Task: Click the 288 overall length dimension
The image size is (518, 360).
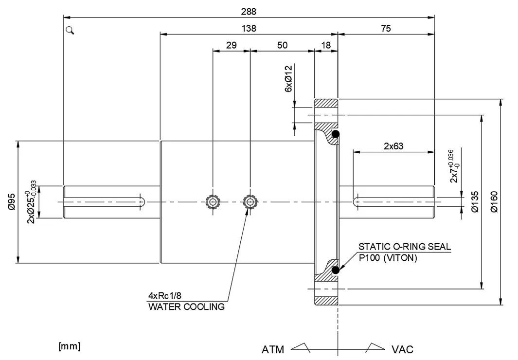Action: [248, 11]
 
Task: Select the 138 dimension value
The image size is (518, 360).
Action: [249, 29]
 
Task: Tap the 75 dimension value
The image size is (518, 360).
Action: [385, 29]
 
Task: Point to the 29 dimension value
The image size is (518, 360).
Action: [231, 45]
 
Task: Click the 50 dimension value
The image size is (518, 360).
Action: [282, 45]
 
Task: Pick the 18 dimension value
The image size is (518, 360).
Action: [326, 45]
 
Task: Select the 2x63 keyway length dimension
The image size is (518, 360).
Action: [393, 145]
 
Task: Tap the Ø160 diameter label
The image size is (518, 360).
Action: [495, 201]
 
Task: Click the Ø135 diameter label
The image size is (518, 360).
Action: [475, 201]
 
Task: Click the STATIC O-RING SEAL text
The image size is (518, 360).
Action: [404, 247]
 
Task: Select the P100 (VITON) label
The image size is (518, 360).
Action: [388, 258]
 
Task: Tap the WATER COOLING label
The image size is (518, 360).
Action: [186, 306]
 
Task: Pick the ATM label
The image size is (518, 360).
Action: [273, 349]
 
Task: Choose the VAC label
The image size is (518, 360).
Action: [402, 349]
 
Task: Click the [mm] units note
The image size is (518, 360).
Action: [69, 346]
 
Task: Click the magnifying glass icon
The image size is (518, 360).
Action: [70, 31]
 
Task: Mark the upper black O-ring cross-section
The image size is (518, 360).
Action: [335, 134]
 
